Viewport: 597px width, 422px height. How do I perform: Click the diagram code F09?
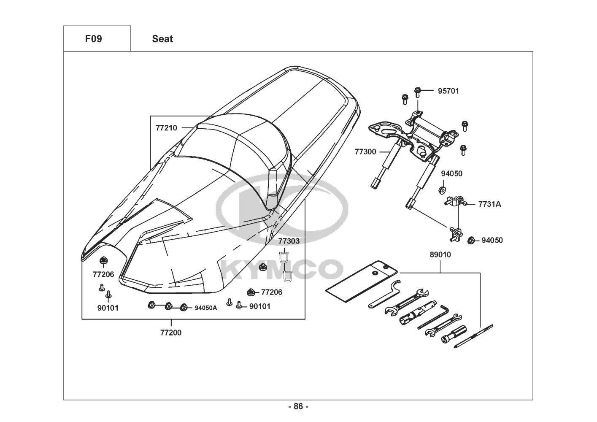tap(93, 39)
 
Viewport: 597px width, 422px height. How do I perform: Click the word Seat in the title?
tap(162, 39)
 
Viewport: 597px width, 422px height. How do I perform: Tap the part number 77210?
tap(166, 128)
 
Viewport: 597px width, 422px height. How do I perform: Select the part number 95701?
tap(448, 91)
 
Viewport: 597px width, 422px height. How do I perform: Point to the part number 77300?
tap(365, 151)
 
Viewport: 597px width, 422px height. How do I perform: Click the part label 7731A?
tap(489, 204)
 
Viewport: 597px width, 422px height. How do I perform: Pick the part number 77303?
tap(289, 241)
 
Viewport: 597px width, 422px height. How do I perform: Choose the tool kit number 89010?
tap(440, 254)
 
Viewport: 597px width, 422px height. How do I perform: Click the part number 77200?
tap(171, 333)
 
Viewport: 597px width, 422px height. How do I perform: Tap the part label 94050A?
tap(206, 308)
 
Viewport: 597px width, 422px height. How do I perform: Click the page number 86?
tap(299, 406)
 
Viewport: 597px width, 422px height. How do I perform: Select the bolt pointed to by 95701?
tap(418, 92)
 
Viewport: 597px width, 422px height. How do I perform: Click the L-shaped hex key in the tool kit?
tap(433, 317)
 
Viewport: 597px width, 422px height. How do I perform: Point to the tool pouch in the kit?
tap(362, 281)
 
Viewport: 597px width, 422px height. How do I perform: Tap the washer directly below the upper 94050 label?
tap(443, 190)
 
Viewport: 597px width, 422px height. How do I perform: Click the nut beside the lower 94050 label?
tap(471, 241)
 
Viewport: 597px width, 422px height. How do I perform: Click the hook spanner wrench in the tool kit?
tap(384, 294)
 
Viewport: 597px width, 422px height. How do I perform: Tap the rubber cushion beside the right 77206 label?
tap(251, 292)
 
